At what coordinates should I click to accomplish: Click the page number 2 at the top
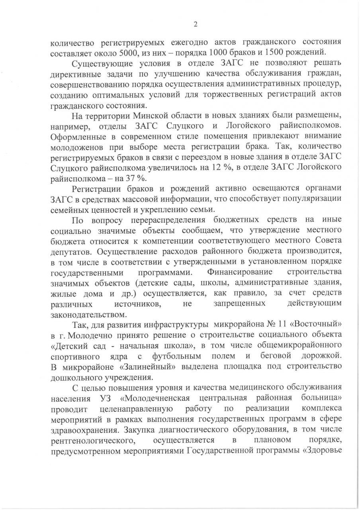(196, 24)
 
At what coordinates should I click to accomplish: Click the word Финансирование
(240, 272)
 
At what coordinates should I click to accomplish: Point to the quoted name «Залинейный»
(143, 366)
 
